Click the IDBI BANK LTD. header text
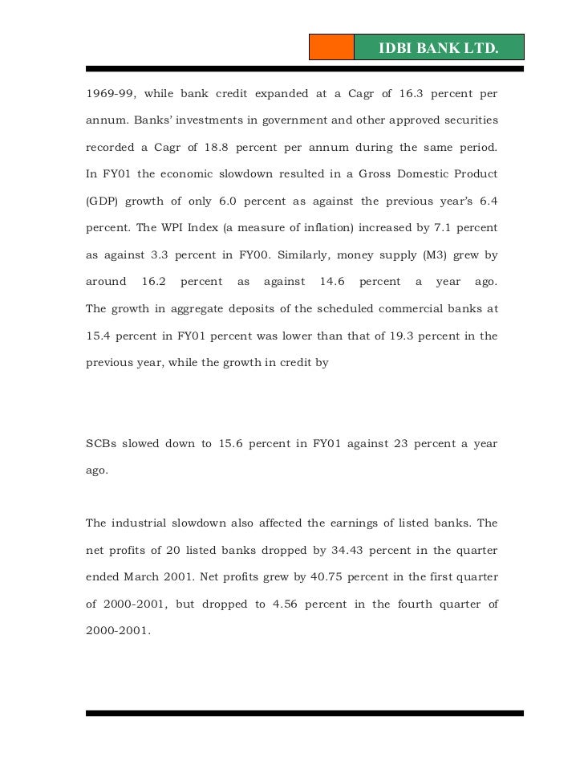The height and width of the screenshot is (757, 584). click(438, 50)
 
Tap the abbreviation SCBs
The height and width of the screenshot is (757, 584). click(103, 444)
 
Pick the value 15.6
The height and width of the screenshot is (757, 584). click(232, 444)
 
